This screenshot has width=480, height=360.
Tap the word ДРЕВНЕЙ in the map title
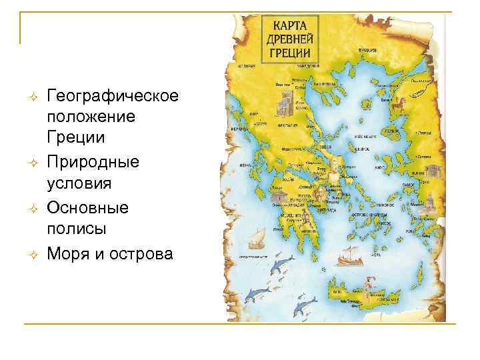pyautogui.click(x=290, y=37)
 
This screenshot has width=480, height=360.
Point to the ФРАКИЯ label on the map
pyautogui.click(x=369, y=50)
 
